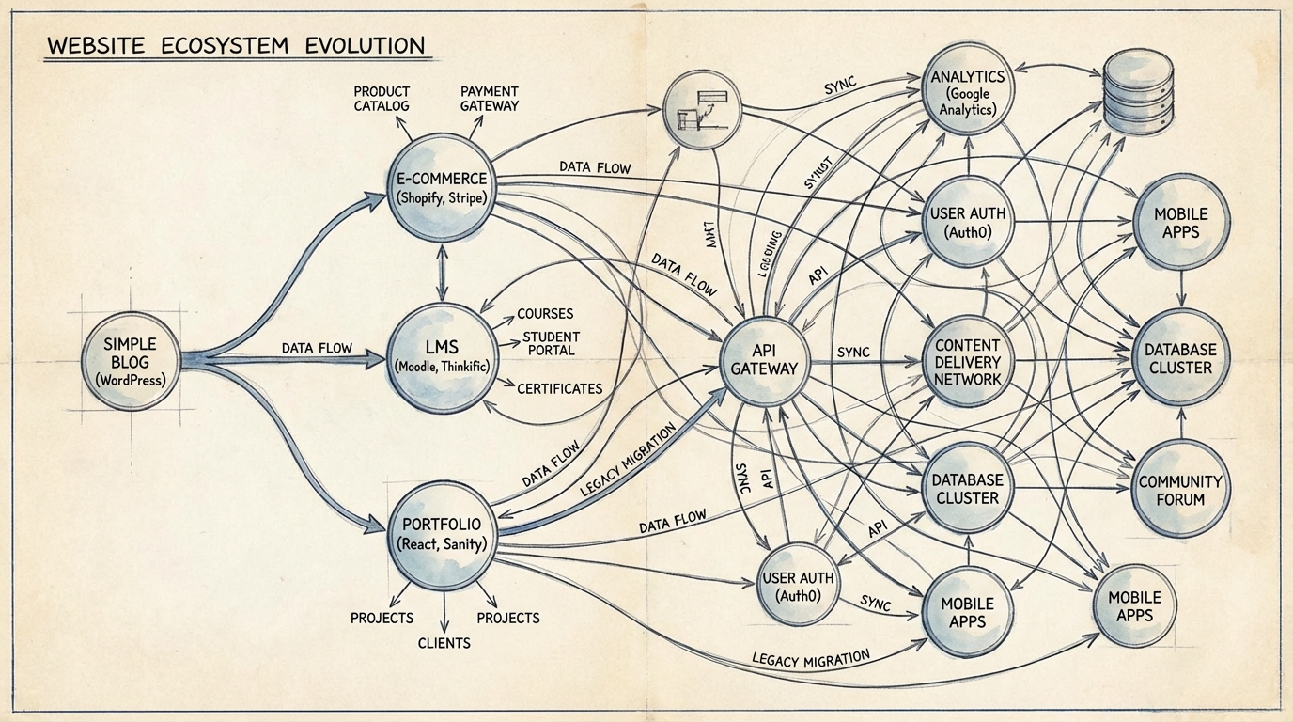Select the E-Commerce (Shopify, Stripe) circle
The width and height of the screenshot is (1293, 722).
(x=440, y=188)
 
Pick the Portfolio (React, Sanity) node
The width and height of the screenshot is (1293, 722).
(x=441, y=533)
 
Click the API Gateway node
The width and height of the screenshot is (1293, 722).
(x=763, y=357)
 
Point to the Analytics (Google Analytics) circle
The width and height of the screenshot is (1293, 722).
(x=968, y=92)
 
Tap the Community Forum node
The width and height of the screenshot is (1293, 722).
(x=1179, y=490)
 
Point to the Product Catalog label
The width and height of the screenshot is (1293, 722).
(x=382, y=98)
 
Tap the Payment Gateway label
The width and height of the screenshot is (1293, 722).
(x=489, y=98)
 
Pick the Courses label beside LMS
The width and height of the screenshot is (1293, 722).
(x=545, y=313)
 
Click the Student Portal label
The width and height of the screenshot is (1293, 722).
(x=551, y=343)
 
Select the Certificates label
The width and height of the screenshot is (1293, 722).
(x=559, y=387)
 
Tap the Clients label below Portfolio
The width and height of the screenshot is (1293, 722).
(x=444, y=643)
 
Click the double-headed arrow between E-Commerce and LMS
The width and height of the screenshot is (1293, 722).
(x=440, y=270)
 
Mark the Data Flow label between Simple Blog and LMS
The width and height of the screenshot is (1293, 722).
(x=317, y=348)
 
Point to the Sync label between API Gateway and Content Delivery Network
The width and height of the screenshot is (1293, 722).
(x=852, y=352)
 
